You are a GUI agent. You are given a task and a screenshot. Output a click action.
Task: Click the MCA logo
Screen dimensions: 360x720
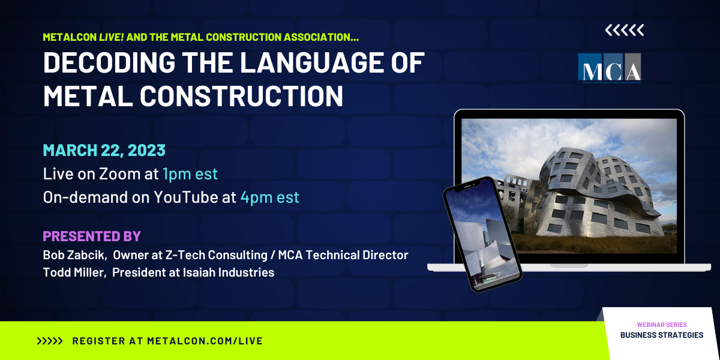609,67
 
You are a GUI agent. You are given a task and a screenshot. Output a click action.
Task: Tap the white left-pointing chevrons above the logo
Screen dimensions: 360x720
624,30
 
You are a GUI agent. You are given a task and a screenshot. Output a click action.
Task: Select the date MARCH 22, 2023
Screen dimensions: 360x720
104,150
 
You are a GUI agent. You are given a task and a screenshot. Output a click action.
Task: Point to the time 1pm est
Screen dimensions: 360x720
190,174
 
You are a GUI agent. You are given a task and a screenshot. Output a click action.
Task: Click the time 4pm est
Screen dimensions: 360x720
269,197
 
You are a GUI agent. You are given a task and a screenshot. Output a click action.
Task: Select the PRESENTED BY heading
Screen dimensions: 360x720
91,236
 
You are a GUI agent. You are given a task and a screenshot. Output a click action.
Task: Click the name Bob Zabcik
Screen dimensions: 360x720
74,255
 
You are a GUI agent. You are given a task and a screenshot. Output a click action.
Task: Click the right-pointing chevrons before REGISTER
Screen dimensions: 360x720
50,341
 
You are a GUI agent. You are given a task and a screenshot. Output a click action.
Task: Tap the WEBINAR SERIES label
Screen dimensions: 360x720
662,325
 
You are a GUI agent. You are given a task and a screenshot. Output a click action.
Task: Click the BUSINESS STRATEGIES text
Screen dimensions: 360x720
662,335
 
